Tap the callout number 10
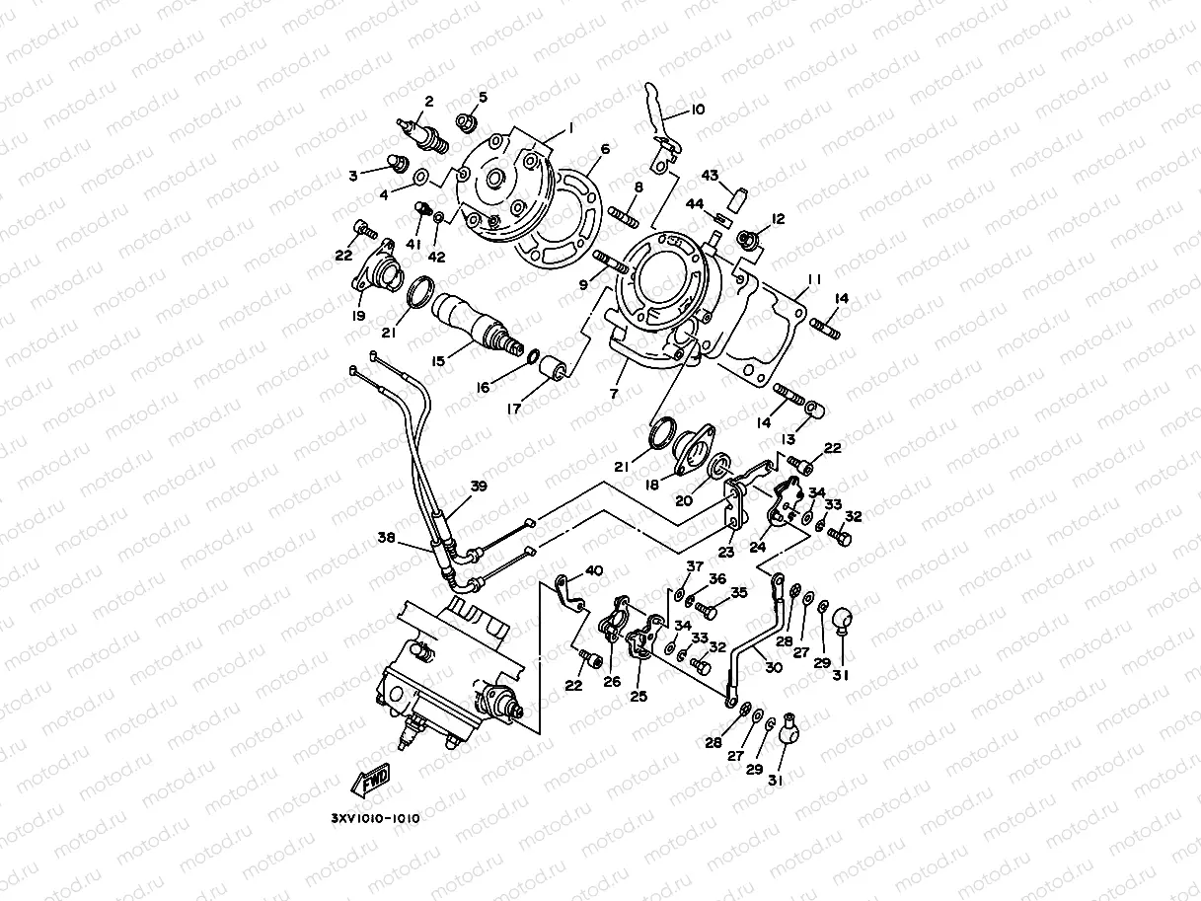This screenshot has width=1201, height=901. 698,110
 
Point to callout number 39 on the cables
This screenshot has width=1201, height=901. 479,487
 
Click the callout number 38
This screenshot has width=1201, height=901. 386,538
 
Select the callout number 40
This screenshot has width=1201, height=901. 594,569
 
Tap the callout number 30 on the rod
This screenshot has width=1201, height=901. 774,667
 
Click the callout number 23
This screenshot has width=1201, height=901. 726,553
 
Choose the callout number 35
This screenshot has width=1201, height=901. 738,593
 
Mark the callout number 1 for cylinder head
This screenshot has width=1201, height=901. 569,129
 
